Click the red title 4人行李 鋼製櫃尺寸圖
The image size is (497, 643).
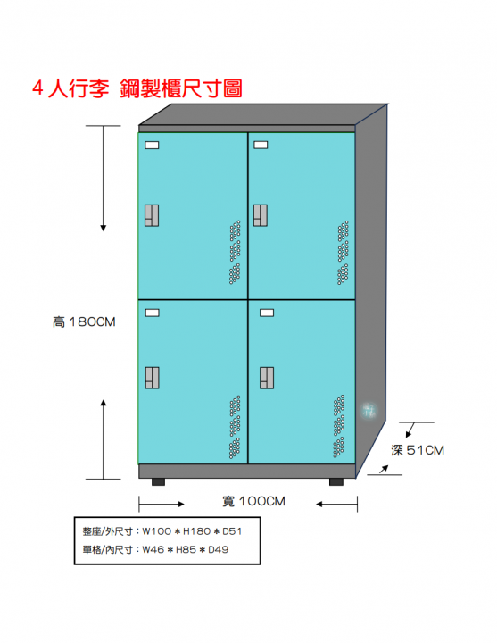(x=137, y=88)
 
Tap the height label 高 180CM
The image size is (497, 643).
(x=84, y=321)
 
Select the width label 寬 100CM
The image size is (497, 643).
(x=253, y=501)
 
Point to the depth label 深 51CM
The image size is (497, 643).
(x=418, y=450)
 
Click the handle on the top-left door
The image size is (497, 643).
(x=152, y=215)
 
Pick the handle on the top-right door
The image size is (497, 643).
(x=261, y=215)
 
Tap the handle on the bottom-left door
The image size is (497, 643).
(x=152, y=378)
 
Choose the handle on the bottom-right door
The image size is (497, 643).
(x=267, y=378)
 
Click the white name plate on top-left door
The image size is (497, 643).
(x=152, y=146)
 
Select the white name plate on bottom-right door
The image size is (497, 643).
(x=267, y=313)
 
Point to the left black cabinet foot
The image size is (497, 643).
(x=158, y=482)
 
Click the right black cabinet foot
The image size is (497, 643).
(x=336, y=482)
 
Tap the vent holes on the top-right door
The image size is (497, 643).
(x=343, y=253)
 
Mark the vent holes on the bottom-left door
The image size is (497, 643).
(x=235, y=427)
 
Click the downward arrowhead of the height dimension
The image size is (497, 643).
(x=104, y=228)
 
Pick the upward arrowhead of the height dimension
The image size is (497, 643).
(x=104, y=402)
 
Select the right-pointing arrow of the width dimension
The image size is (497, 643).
(x=162, y=504)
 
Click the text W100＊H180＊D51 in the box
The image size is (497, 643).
(x=192, y=531)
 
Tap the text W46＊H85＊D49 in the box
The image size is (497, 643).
(x=186, y=549)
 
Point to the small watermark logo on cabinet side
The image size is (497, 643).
(x=369, y=411)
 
